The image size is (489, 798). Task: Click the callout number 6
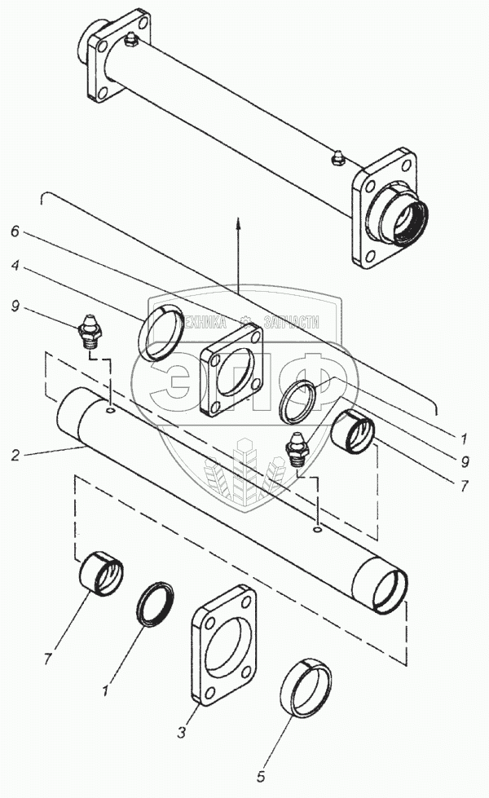[15, 231]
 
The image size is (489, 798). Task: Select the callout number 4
[15, 266]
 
